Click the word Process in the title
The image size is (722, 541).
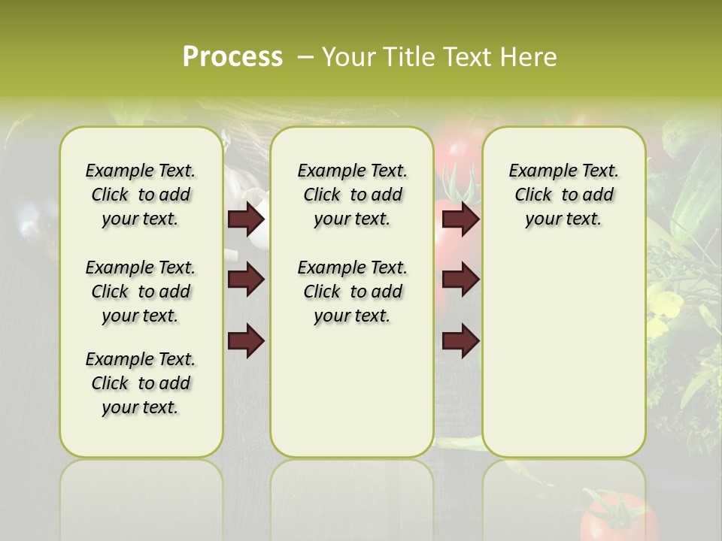pos(232,57)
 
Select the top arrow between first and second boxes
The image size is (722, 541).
pos(246,219)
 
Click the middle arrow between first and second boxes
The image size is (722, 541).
pos(246,280)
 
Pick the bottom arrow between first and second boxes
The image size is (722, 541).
pos(246,341)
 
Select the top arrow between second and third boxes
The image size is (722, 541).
pos(460,219)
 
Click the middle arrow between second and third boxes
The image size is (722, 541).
pos(460,280)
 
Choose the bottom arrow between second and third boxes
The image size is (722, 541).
pos(460,341)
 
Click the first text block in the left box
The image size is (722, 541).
pos(141,195)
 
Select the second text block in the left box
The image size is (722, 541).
pos(141,292)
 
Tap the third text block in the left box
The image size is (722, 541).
pos(141,383)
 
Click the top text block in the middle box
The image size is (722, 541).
pos(352,195)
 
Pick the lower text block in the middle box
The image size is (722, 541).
pos(352,292)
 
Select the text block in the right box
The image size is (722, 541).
pos(563,195)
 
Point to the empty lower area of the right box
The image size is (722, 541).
pos(563,353)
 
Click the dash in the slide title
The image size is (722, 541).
pos(305,57)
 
